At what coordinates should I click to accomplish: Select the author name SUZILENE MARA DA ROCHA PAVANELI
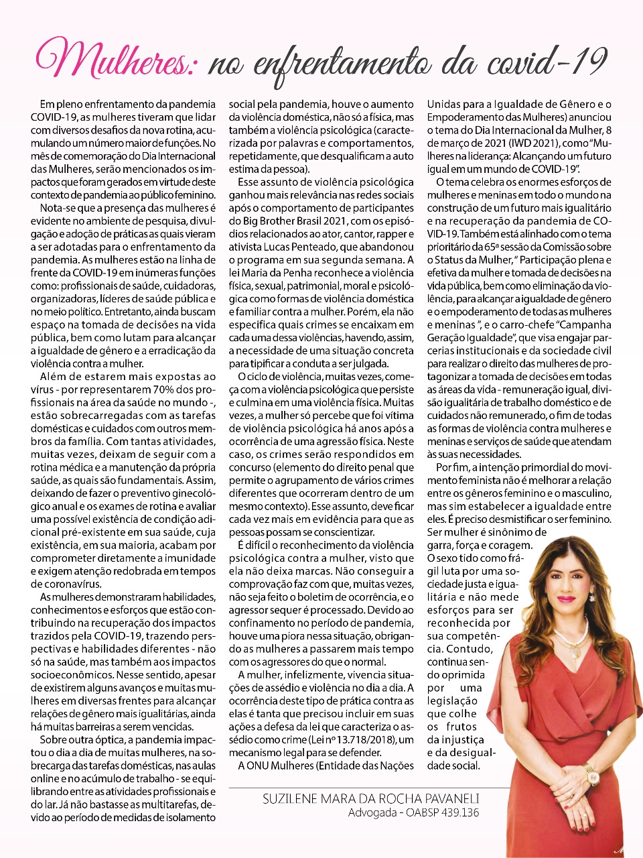(x=371, y=799)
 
